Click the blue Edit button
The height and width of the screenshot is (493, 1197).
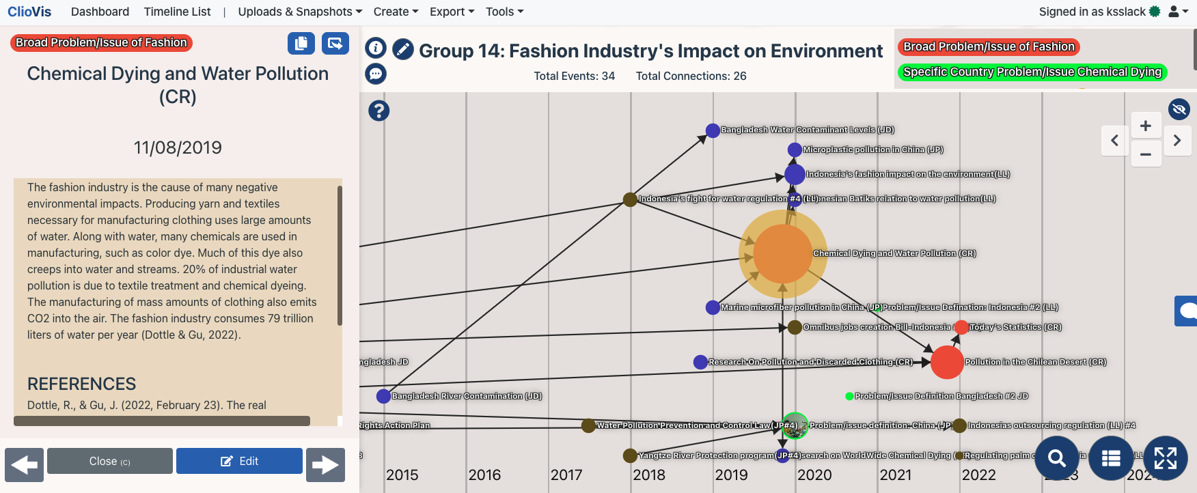tap(239, 461)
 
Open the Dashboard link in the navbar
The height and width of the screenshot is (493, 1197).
tap(100, 12)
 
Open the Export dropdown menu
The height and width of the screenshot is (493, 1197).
tap(452, 12)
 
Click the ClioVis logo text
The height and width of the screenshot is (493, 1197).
tap(29, 12)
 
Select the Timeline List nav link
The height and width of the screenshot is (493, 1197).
tap(177, 12)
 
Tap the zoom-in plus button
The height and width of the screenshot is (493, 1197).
tap(1146, 126)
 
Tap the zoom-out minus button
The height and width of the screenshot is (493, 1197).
tap(1146, 154)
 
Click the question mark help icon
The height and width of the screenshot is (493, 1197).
tap(379, 111)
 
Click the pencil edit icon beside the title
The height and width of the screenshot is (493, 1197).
tap(403, 49)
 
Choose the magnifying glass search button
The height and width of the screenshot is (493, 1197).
tap(1057, 458)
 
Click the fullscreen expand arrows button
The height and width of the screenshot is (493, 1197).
tap(1165, 458)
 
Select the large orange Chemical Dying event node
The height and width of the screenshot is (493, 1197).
tap(783, 253)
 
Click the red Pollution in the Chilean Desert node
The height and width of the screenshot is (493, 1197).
tap(947, 362)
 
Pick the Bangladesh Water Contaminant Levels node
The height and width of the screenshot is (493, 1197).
tap(713, 130)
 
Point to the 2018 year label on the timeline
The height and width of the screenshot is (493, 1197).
tap(649, 475)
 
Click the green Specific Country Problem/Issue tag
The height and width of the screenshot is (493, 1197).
tap(1032, 72)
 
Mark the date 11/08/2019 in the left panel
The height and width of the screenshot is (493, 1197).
tap(178, 147)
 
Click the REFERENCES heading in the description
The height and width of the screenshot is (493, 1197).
tap(81, 384)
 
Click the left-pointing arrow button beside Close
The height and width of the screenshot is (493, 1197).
tap(25, 465)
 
